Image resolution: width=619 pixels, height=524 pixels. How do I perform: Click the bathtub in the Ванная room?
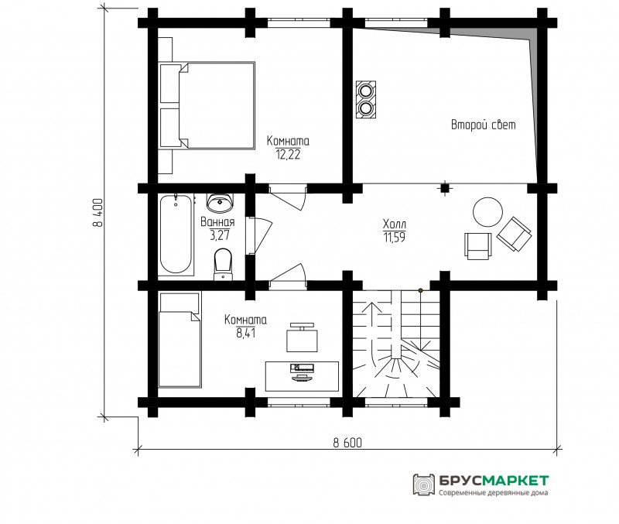click(176, 235)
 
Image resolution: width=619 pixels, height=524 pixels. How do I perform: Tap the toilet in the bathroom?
click(223, 264)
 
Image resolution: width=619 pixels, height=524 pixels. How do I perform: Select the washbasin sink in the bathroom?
click(220, 202)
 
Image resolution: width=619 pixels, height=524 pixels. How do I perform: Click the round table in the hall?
click(488, 211)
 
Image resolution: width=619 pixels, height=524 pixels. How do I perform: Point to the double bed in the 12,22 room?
click(207, 105)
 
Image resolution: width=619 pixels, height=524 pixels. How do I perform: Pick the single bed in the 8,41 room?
click(180, 340)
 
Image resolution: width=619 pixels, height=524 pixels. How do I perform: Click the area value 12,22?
click(288, 154)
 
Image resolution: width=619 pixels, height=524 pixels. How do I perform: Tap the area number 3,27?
click(220, 236)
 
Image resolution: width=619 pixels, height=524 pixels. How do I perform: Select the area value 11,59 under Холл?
click(395, 238)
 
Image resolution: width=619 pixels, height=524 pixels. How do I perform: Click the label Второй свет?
click(483, 125)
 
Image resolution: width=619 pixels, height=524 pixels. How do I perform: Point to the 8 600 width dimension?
click(347, 443)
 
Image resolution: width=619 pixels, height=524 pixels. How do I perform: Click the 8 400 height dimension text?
click(97, 212)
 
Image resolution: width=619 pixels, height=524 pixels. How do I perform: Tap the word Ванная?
click(217, 222)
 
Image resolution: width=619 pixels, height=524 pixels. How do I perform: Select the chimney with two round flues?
click(366, 100)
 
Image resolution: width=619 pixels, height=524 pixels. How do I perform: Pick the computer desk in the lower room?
click(303, 376)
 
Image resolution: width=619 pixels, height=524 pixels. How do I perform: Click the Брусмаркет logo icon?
click(423, 485)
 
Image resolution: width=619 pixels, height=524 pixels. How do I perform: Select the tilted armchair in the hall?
click(514, 234)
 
